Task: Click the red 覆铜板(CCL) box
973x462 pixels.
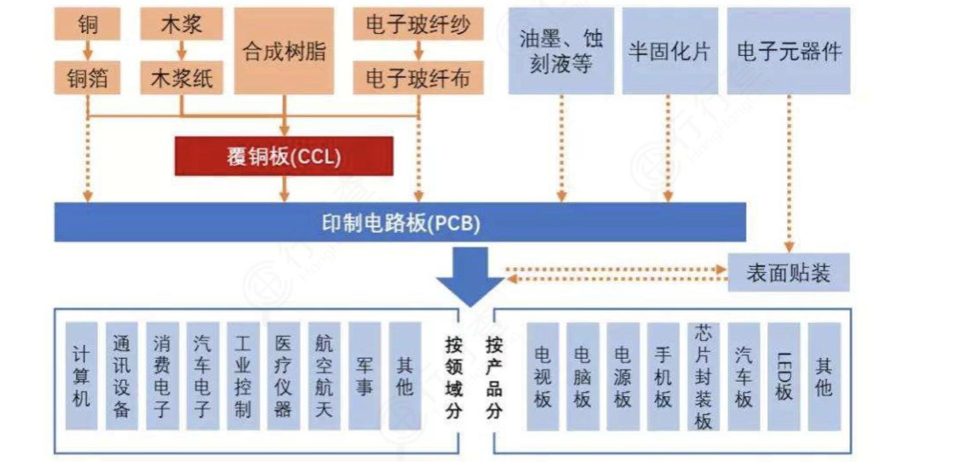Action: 284,156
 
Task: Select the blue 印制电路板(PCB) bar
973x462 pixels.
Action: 399,223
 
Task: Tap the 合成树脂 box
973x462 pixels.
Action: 284,51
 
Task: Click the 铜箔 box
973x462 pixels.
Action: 87,79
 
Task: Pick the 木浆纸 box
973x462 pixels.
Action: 181,79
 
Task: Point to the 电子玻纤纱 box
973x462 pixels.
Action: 418,25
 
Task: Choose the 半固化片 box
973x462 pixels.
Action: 670,51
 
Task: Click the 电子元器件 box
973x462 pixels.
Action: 789,51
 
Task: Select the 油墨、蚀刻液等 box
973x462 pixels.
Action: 561,51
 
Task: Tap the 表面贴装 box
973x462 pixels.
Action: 788,273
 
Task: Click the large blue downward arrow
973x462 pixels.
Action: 470,276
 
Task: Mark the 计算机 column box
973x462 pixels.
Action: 81,376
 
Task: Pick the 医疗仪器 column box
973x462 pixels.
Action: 283,376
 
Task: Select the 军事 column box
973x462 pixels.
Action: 364,376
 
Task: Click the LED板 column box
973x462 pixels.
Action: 783,376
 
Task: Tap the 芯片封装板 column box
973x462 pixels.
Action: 703,376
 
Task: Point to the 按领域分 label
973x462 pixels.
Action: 453,376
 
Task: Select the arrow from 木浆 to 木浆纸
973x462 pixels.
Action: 181,49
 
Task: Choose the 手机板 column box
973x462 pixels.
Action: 663,376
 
